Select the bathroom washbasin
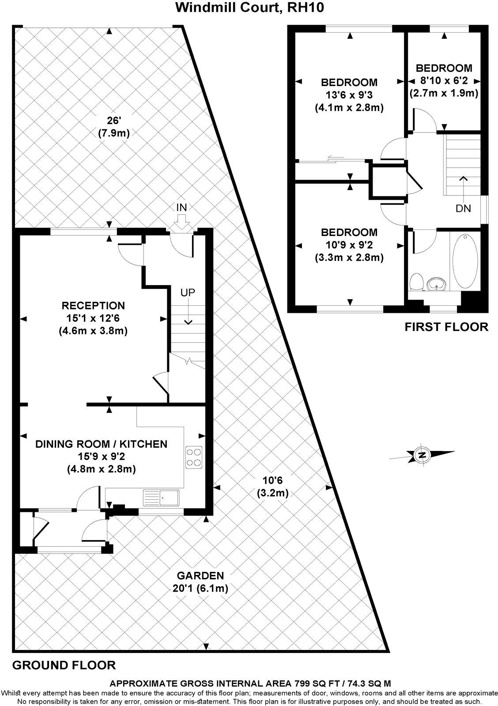438,285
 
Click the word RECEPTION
93,305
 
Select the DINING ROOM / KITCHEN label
102,444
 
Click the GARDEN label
200,575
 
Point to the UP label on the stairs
187,293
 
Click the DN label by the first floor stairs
464,208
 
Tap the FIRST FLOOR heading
447,327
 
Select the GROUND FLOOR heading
64,665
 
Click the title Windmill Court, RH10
250,8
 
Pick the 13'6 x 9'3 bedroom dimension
349,94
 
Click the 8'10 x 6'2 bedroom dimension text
444,81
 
